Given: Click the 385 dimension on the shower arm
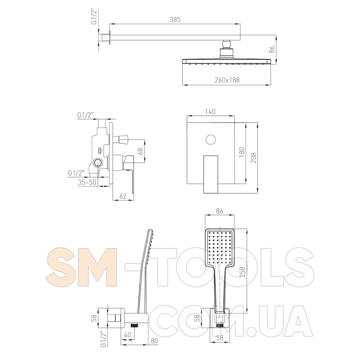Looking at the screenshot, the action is [175, 20].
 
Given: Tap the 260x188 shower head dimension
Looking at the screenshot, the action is [227, 80].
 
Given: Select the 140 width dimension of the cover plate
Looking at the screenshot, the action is [210, 112].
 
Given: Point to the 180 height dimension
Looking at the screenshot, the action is [242, 152].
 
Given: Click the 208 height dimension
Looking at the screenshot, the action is [253, 158].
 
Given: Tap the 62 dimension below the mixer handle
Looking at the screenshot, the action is [123, 196].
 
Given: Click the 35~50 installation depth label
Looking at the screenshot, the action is [87, 182].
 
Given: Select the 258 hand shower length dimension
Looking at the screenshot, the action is [243, 272].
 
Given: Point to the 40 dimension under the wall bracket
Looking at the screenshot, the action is [127, 334].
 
